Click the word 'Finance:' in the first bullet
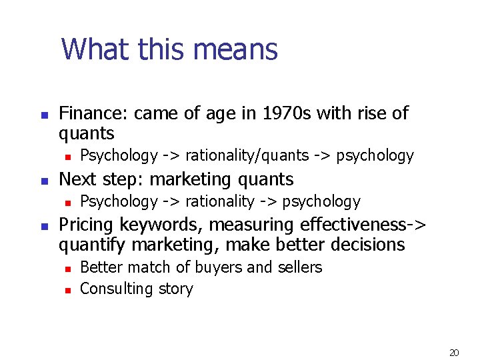(94, 114)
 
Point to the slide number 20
(455, 353)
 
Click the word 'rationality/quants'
(247, 156)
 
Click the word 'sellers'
(299, 268)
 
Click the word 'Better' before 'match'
(100, 268)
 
